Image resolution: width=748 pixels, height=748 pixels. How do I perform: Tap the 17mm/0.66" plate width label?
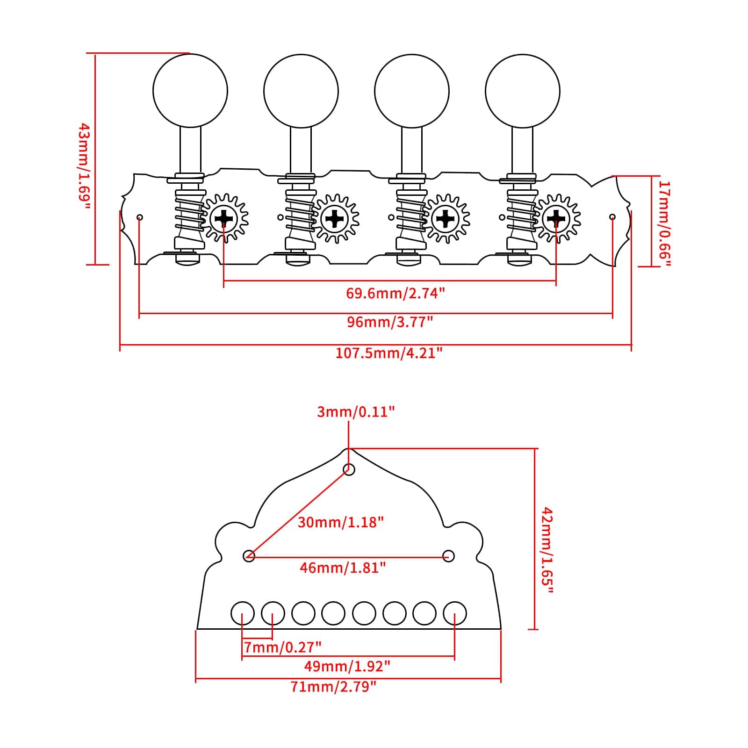coord(664,223)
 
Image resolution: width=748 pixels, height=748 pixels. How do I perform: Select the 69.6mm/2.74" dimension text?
coord(395,293)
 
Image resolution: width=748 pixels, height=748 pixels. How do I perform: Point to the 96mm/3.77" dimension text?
coord(390,322)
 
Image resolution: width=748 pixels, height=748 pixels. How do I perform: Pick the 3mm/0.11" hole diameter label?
coord(356,412)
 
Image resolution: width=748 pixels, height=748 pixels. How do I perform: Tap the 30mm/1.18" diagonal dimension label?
coord(340,522)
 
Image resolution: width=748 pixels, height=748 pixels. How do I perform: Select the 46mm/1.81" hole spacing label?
coord(343,568)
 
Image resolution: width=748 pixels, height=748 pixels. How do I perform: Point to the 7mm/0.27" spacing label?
coord(283,647)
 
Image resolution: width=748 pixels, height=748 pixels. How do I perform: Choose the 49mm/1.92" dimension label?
coord(347,666)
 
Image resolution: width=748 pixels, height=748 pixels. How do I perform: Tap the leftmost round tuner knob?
coord(190,91)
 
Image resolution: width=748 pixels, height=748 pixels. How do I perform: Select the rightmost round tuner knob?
coord(522,91)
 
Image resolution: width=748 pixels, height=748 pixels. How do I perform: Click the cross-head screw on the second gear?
coord(335,218)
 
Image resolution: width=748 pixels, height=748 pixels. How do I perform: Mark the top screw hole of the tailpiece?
coord(349,469)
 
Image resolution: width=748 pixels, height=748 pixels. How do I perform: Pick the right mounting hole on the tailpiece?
coord(448,556)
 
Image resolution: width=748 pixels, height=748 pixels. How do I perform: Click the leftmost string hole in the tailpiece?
coord(243,613)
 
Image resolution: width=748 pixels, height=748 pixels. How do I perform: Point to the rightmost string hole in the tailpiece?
coord(455,613)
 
